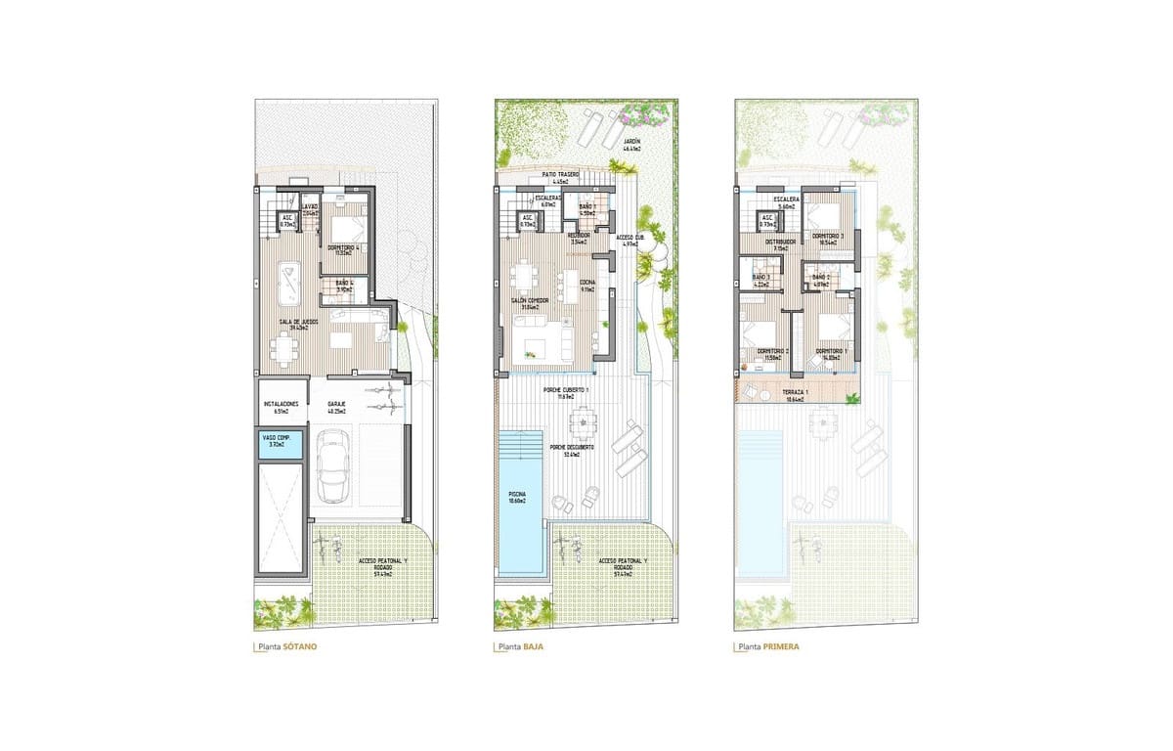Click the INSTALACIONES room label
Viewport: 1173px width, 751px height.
(280, 406)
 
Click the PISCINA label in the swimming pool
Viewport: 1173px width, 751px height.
(517, 498)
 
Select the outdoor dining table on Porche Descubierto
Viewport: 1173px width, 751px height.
(588, 423)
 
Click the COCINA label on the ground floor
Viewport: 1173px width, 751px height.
(587, 287)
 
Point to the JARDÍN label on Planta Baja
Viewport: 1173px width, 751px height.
(632, 143)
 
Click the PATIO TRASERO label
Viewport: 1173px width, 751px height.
(561, 177)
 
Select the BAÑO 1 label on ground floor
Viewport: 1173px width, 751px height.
(586, 209)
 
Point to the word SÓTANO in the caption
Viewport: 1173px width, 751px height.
(299, 647)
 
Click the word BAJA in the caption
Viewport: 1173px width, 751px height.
(534, 647)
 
